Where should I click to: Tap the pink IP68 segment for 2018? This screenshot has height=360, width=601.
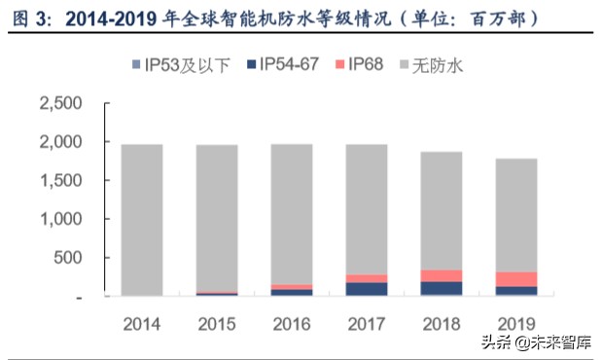pos(441,275)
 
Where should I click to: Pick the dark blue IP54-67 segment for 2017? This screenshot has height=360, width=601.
pos(366,289)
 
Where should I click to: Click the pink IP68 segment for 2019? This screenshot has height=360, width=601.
pos(516,279)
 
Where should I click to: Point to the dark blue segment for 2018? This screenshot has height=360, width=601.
pos(441,288)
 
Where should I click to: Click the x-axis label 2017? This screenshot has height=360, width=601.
pos(366,322)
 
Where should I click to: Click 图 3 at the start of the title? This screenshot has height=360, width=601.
pos(23,18)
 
